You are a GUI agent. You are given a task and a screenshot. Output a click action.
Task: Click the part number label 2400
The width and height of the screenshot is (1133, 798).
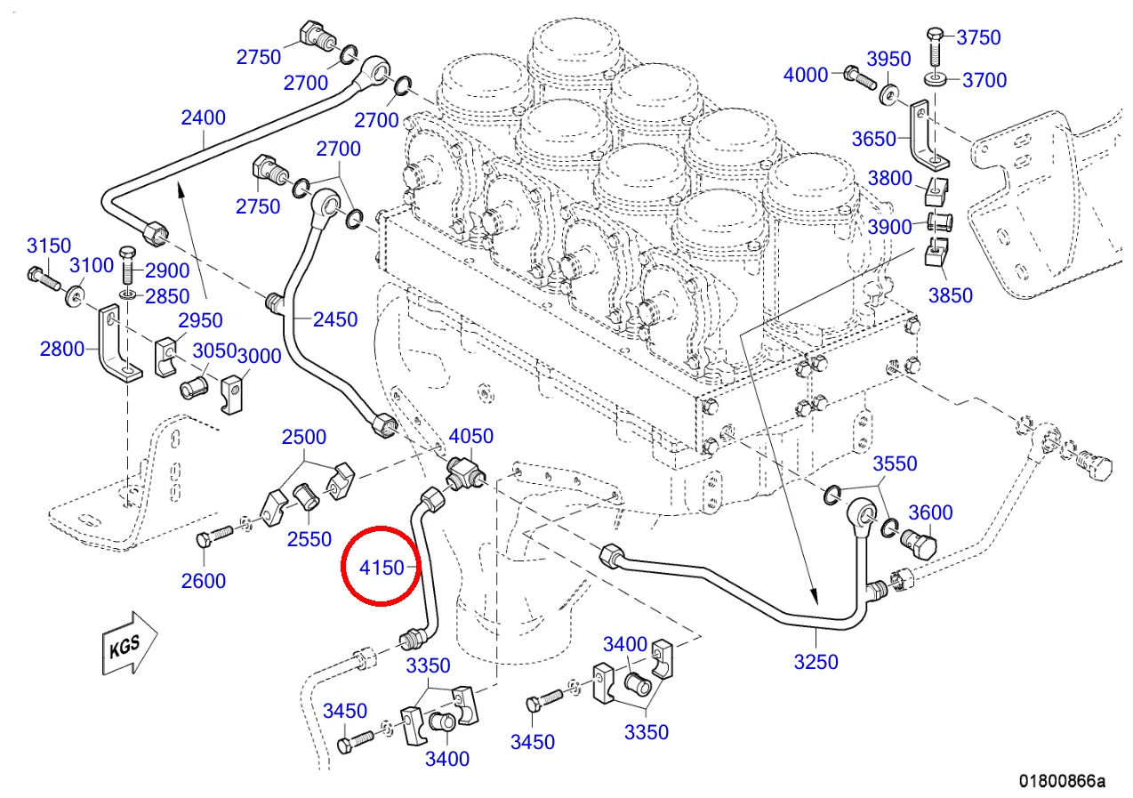coord(203,117)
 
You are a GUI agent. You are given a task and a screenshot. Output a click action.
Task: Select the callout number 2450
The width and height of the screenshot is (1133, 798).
coord(335,319)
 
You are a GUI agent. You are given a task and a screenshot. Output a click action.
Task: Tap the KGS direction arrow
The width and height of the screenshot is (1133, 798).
coord(128,643)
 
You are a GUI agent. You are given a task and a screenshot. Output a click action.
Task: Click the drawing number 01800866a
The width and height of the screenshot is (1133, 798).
coord(1062,782)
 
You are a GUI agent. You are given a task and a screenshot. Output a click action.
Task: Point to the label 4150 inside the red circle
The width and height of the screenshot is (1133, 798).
coord(382,567)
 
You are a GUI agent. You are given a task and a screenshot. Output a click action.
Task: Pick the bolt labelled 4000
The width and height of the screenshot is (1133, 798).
coord(856,77)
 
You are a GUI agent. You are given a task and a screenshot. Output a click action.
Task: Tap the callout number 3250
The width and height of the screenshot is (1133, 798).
coord(816,662)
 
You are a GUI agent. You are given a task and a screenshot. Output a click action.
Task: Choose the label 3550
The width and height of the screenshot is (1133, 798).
coord(895,463)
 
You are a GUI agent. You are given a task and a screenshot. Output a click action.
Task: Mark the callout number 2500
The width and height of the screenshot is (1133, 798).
coord(304,438)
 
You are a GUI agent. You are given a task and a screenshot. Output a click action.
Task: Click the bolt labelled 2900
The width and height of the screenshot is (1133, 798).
coord(127,262)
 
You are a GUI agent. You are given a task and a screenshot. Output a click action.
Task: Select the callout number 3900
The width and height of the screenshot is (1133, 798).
coord(890,227)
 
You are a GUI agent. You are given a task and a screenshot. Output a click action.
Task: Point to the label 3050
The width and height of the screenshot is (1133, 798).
coord(215,351)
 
